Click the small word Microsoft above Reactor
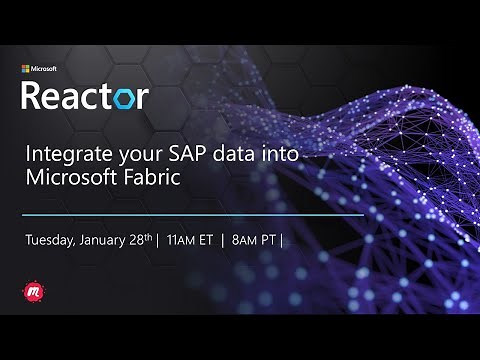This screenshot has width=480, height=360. pos(44,69)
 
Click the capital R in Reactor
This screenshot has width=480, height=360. pos(33,96)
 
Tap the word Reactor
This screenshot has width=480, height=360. pos(85,96)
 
